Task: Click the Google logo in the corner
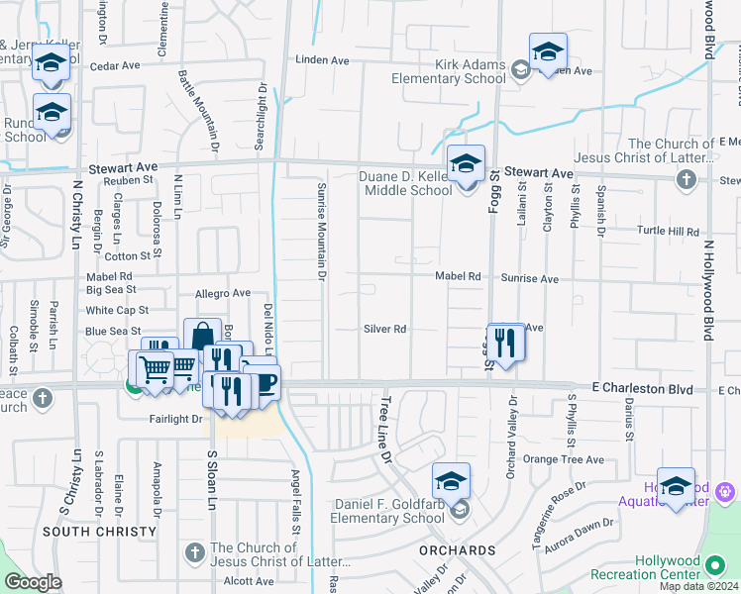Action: tap(33, 582)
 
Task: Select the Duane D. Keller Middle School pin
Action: tap(466, 163)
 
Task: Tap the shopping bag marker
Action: tap(202, 337)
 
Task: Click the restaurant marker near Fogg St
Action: tap(506, 344)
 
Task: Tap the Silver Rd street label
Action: tap(385, 329)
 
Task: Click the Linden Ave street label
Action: tap(323, 60)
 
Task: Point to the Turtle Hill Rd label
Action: tap(669, 232)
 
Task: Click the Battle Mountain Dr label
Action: tap(197, 111)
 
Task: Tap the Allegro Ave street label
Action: tap(223, 294)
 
